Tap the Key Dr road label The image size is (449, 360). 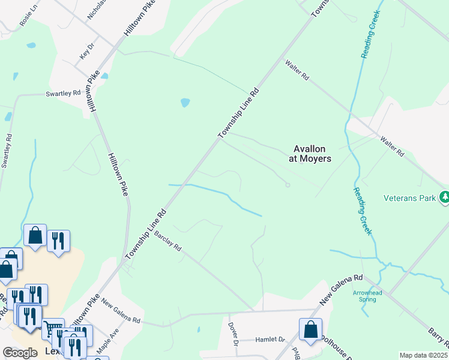[88, 51]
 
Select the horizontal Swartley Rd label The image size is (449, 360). [64, 94]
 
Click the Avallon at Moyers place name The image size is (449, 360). [312, 154]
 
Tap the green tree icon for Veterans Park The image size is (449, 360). [444, 197]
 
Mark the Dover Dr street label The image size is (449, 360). [234, 334]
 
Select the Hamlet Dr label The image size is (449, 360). [270, 340]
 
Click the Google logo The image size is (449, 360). [20, 353]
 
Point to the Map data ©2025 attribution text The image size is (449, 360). [423, 355]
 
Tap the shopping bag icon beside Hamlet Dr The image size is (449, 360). [310, 329]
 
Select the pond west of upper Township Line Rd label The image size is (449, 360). [185, 103]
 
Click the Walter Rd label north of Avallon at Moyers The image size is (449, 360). [297, 70]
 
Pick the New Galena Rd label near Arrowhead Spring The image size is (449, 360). [342, 288]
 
